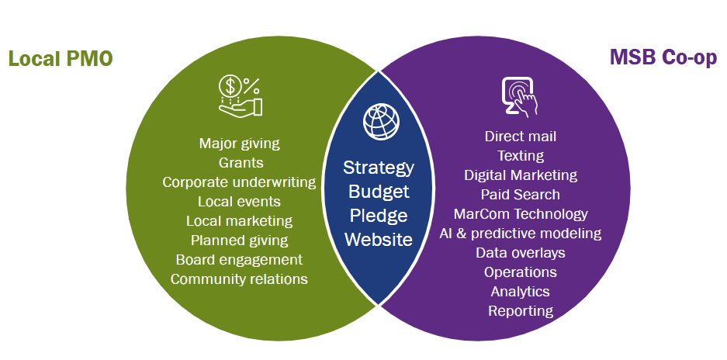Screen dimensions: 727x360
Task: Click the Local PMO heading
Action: [x=60, y=59]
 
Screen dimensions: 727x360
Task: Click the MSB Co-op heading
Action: [x=663, y=58]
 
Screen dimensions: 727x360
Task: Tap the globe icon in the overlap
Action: [x=380, y=121]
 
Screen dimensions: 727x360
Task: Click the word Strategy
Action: [x=379, y=168]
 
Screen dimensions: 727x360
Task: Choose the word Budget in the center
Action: [x=379, y=192]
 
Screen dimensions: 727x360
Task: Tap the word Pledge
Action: [x=379, y=216]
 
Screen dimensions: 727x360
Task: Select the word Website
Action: [x=379, y=240]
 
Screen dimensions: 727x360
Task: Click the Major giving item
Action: [x=239, y=144]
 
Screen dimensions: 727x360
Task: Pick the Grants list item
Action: [x=241, y=163]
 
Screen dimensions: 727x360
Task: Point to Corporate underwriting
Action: [x=239, y=182]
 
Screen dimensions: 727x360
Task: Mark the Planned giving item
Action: [x=239, y=241]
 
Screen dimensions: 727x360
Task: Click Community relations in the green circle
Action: [x=239, y=279]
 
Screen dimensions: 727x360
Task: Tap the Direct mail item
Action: [x=521, y=137]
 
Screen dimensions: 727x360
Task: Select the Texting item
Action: [x=521, y=156]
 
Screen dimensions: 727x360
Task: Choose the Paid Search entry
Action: [x=520, y=195]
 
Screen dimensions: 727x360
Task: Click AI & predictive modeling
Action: [x=521, y=234]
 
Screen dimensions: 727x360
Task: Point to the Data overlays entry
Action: [x=521, y=253]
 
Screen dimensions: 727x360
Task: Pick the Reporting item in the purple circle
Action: [x=521, y=311]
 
